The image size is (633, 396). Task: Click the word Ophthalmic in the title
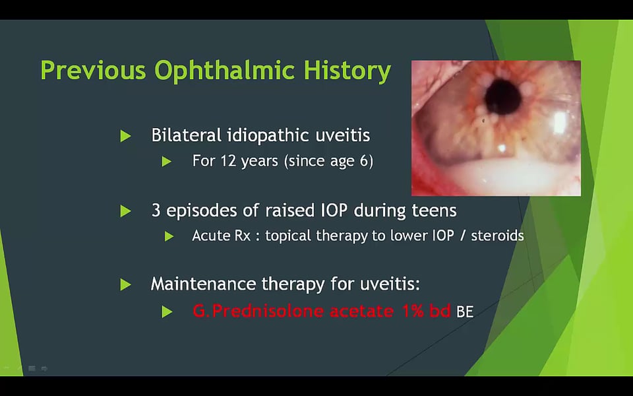click(x=224, y=71)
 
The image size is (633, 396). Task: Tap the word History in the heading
click(x=347, y=71)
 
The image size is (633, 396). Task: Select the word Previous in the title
click(x=93, y=71)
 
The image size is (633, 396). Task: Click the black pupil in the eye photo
click(x=503, y=96)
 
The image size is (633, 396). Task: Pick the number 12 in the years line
click(x=228, y=161)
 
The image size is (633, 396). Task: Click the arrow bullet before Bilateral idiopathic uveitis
click(x=125, y=136)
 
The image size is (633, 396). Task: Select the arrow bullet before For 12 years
click(x=167, y=162)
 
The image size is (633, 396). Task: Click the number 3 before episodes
click(x=156, y=211)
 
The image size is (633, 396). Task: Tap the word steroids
click(x=497, y=236)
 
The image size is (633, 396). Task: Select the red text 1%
click(x=413, y=311)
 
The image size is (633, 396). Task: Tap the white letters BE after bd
click(x=465, y=312)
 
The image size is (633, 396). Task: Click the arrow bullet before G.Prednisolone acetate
click(x=167, y=312)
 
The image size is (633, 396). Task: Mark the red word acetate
click(x=362, y=312)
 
